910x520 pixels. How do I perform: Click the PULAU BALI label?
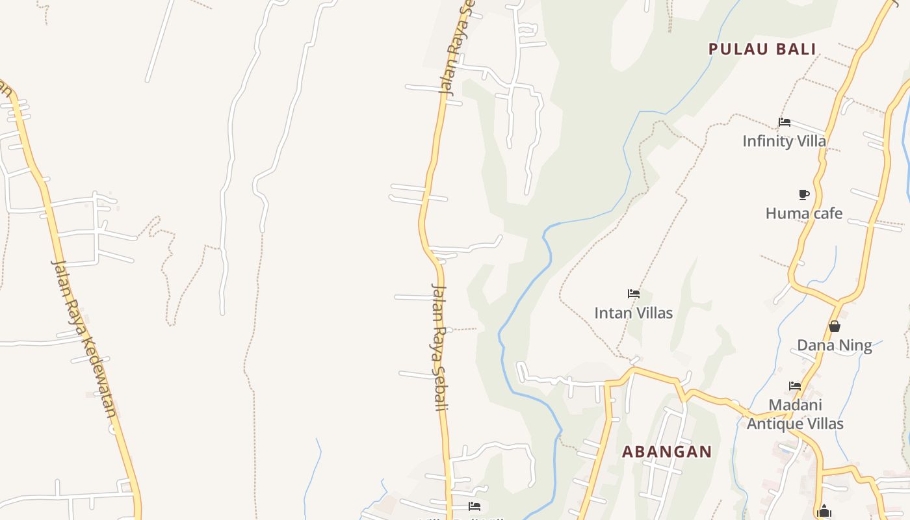coord(762,49)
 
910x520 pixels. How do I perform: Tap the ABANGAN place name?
coord(667,452)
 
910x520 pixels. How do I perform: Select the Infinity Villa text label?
coord(784,141)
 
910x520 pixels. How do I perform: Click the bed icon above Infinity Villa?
coord(785,122)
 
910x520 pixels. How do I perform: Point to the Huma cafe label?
coord(803,213)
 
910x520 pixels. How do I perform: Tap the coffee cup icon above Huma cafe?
coord(803,194)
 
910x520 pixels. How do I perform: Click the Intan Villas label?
coord(633,313)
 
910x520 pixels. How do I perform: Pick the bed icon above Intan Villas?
coord(634,294)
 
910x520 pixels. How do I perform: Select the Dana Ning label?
coord(835,345)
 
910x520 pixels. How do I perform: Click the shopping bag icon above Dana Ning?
coord(835,326)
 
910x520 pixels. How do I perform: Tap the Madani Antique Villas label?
coord(795,414)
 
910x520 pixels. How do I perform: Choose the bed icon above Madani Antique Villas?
coord(794,386)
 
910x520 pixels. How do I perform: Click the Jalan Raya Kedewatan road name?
coord(85,338)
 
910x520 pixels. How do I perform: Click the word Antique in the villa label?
coord(775,424)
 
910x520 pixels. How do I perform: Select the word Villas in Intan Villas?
coord(652,313)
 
